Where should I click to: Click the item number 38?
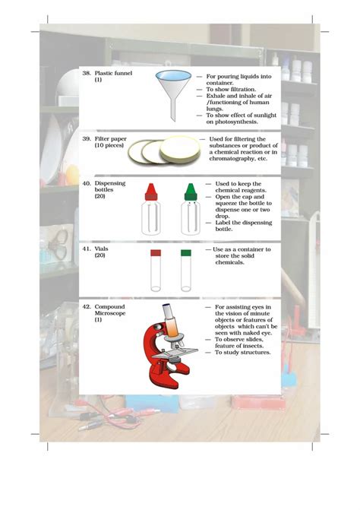coord(87,74)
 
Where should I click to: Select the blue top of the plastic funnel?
coord(173,75)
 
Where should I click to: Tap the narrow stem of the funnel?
coord(173,107)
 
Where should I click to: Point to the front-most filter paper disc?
coord(180,150)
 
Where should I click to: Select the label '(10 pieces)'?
coord(109,145)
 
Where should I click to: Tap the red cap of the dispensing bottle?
coord(151,192)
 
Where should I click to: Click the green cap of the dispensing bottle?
coord(191,192)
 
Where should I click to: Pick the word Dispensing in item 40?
coord(110,183)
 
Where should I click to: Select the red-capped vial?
coord(156,271)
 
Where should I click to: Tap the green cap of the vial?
coord(186,253)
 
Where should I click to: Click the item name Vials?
coord(101,249)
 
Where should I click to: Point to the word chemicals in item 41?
coord(229,262)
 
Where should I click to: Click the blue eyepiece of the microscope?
coord(167,306)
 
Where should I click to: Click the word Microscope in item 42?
coord(110,313)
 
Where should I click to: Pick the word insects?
coord(252,346)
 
